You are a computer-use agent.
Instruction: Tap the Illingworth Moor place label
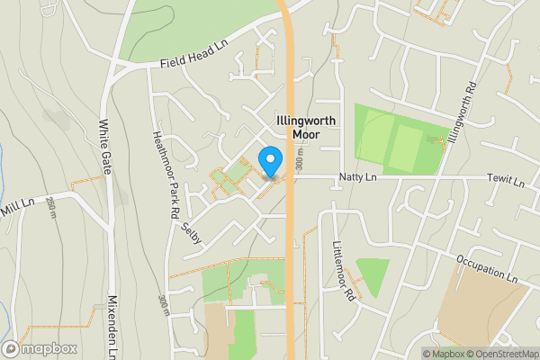(306, 126)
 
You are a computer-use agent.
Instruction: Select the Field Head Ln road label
(192, 62)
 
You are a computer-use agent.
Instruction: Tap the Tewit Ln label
(504, 182)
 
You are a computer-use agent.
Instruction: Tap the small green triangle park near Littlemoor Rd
(371, 274)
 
